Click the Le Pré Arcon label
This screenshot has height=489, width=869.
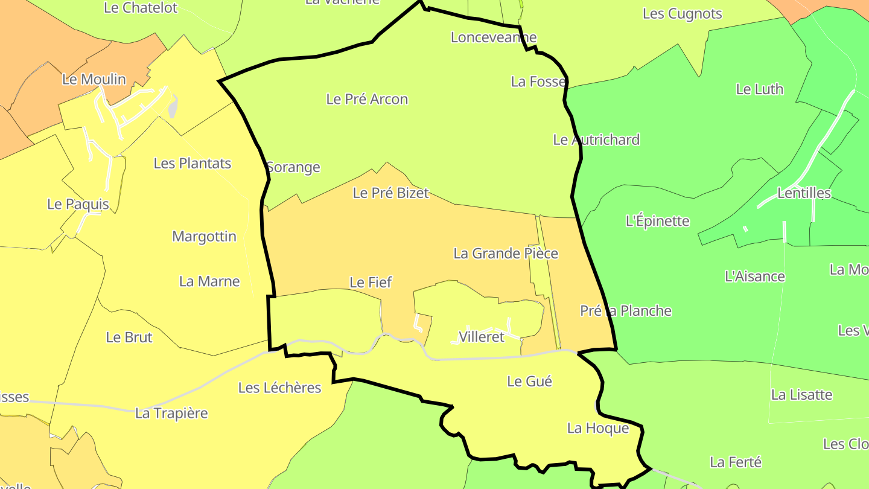coord(367,99)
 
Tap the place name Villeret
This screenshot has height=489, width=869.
coord(481,337)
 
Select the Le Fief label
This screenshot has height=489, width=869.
coord(371,282)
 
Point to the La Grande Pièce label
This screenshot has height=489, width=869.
coord(506,254)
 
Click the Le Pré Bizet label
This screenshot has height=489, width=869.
coord(390,193)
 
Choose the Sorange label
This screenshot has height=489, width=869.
coord(293,167)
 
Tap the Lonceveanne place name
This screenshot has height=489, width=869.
coord(494,37)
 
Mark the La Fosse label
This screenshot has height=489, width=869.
coord(538,81)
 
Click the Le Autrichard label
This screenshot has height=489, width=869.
coord(596,140)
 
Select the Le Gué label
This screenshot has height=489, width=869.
coord(529,382)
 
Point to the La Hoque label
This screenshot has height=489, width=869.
coord(597,429)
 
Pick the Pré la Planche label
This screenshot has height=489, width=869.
coord(626,311)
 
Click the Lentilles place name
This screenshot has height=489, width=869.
coord(804,193)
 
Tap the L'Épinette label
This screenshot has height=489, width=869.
coord(657,221)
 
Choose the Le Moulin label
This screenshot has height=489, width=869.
coord(94,79)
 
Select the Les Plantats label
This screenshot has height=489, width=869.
coord(193,163)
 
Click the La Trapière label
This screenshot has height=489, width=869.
coord(171,414)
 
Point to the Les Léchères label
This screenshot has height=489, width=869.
coord(279,388)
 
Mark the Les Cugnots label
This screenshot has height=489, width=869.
coord(682,14)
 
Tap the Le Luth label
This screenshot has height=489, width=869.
coord(759,89)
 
